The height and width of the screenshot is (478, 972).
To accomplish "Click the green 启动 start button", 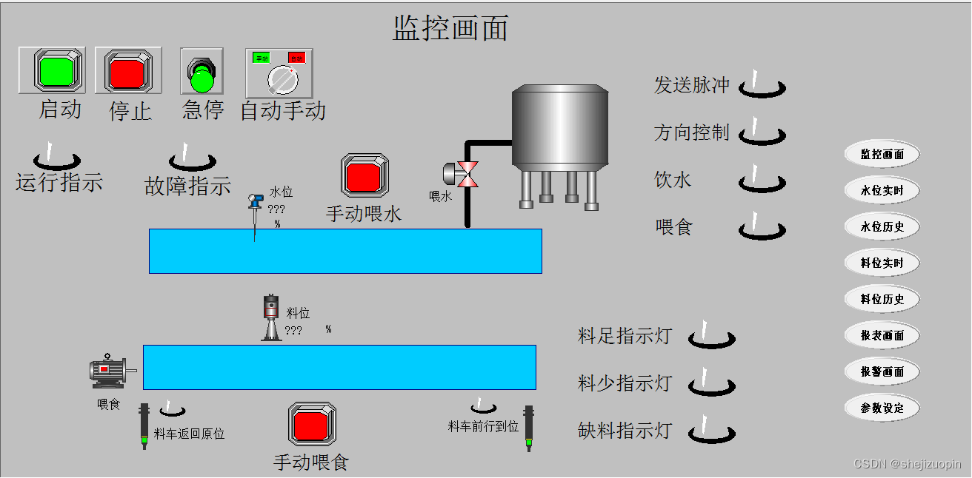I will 51,70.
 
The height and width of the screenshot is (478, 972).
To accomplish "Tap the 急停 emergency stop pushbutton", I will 202,73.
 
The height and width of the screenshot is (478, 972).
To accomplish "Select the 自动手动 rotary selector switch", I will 279,73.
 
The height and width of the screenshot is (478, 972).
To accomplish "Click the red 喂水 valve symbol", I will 467,174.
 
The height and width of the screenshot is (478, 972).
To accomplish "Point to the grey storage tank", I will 561,126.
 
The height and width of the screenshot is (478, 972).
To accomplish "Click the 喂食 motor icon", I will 108,371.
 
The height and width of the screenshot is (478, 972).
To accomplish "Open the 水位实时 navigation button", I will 882,191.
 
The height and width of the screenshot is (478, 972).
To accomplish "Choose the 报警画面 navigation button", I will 882,372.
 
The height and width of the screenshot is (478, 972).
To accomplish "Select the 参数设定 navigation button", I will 882,408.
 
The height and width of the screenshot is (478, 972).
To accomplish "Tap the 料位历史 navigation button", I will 882,300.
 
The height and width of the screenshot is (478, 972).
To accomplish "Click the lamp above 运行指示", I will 56,158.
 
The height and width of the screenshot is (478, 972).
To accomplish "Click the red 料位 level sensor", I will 271,318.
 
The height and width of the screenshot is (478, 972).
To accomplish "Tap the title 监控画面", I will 450,28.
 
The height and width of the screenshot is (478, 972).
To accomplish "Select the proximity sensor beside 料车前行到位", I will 529,428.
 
